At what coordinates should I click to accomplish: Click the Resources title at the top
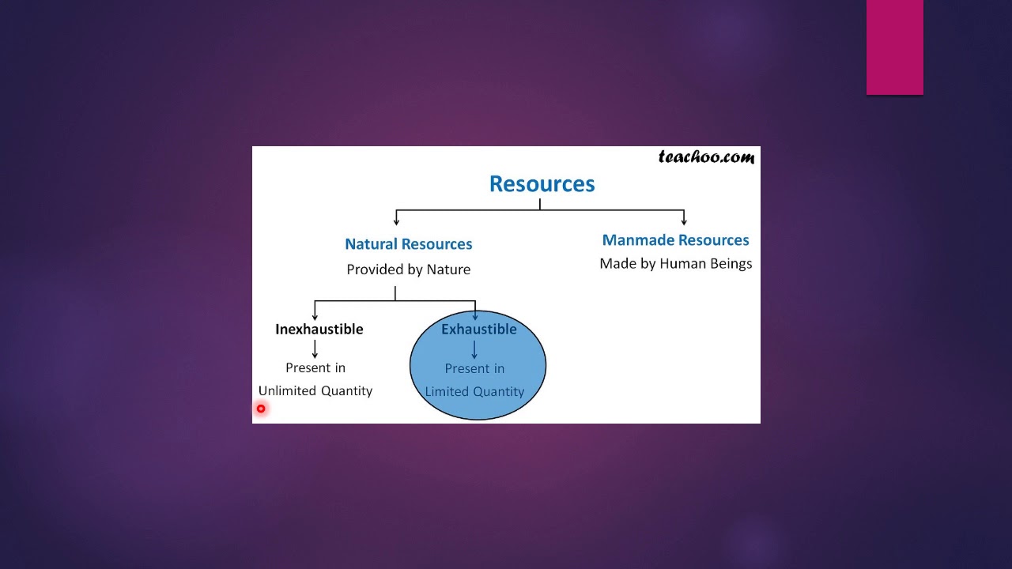pos(542,184)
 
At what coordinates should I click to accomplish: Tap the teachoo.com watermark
pos(706,157)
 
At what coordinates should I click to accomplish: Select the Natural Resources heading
pos(408,244)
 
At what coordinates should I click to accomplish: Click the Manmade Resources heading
pos(675,240)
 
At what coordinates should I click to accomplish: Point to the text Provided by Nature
pos(408,269)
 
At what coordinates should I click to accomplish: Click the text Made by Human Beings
pos(675,264)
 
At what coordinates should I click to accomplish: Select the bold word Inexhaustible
pos(319,330)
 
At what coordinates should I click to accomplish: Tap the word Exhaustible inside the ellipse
pos(478,330)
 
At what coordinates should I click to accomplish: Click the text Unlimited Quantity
pos(315,391)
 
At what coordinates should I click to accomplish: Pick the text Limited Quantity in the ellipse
pos(474,392)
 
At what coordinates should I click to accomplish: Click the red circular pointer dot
pos(261,409)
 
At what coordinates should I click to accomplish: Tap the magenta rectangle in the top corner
pos(894,47)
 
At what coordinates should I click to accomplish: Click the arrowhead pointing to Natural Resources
pos(396,221)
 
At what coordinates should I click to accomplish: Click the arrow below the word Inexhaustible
pos(315,349)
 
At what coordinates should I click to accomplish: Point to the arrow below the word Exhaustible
pos(474,350)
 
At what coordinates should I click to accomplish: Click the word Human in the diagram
pos(682,264)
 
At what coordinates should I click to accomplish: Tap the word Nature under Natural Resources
pos(448,269)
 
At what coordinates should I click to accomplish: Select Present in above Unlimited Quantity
pos(315,368)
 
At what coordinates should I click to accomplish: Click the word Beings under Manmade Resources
pos(731,264)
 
